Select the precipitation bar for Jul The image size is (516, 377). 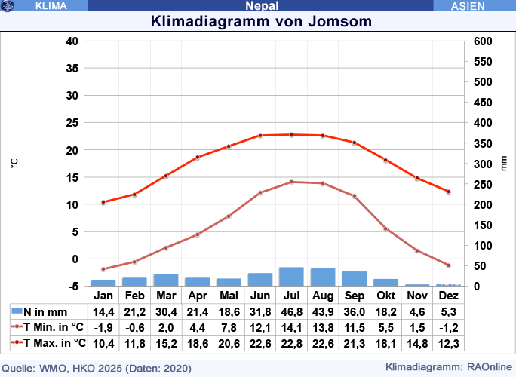pos(291,277)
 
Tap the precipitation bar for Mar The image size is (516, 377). pos(166,280)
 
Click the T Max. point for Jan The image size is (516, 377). pos(103,202)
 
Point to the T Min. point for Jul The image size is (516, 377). pos(291,182)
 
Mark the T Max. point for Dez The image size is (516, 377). pos(448,192)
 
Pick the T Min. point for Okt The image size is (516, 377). pos(385,228)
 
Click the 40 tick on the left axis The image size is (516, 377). pos(72,41)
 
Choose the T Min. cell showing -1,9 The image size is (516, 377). pos(103,327)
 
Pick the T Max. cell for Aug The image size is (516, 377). pos(323,343)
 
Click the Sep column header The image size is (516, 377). pos(354,296)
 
